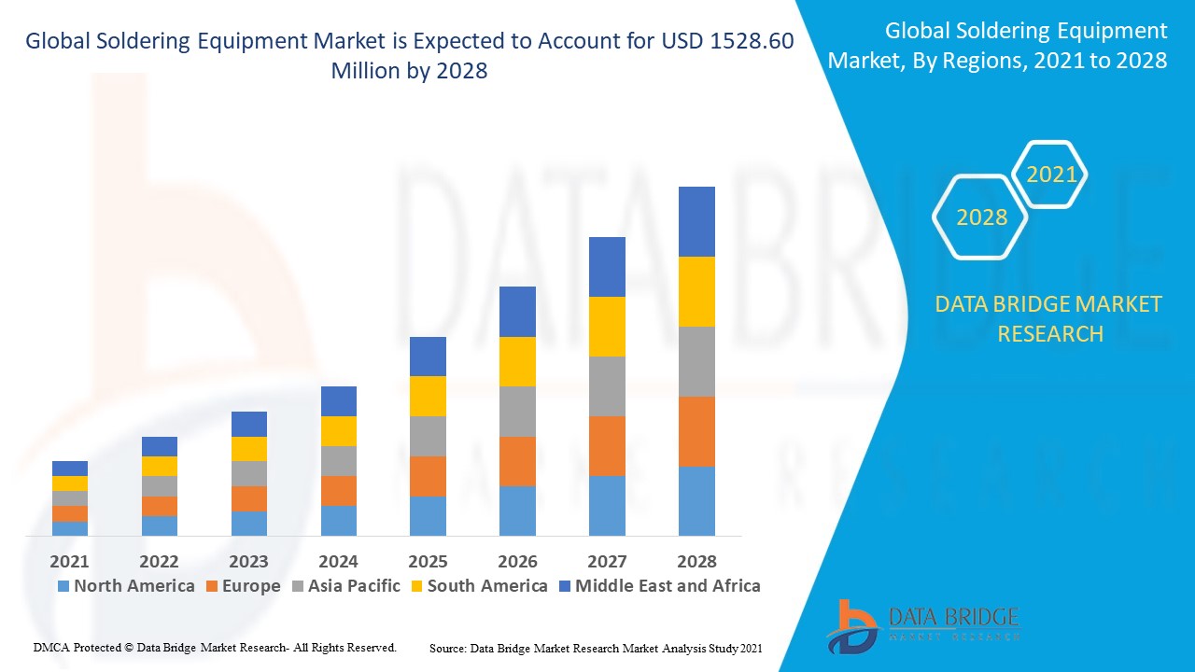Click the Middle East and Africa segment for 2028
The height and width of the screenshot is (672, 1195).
696,221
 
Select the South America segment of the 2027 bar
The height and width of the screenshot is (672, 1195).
607,327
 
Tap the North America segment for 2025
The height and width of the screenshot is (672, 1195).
428,516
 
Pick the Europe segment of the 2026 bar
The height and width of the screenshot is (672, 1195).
517,461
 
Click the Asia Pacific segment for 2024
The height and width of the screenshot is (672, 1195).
338,461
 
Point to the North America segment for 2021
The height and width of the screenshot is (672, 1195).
69,528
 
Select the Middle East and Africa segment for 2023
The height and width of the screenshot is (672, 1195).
248,424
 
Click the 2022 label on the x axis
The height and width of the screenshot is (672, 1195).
159,561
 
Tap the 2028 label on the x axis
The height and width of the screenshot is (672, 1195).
696,561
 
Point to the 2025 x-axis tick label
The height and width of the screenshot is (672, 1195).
428,561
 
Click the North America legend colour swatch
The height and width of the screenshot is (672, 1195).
63,586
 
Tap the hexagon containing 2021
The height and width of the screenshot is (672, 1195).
1051,175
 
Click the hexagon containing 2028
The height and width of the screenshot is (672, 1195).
981,217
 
